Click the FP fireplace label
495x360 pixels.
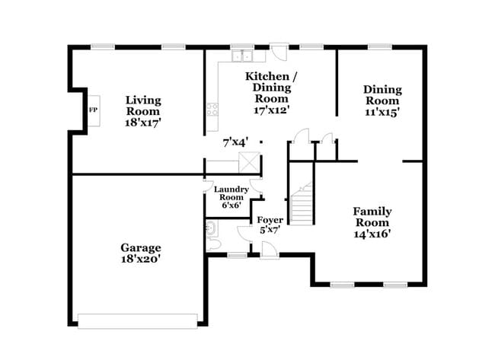tap(93, 110)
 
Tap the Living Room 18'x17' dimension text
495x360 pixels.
tap(143, 123)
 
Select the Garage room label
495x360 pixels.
tap(141, 247)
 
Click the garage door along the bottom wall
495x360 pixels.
tap(138, 321)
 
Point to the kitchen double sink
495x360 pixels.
tap(242, 56)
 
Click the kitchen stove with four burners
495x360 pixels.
tap(212, 109)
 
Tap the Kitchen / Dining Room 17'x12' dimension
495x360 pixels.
tap(272, 110)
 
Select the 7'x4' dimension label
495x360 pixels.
tap(235, 142)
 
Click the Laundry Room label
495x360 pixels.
tap(232, 193)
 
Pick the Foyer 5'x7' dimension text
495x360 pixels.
tap(270, 230)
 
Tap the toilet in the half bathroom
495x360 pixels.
tap(213, 244)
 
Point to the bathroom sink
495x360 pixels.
tap(211, 228)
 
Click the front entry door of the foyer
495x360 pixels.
tap(270, 250)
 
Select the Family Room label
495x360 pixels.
tap(372, 217)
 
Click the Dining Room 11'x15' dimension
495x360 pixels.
tap(382, 112)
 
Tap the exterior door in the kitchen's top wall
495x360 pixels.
tap(279, 52)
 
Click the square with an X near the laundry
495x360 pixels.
tap(249, 162)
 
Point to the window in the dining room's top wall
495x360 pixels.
tap(380, 47)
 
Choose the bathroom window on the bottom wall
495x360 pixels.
tap(238, 255)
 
